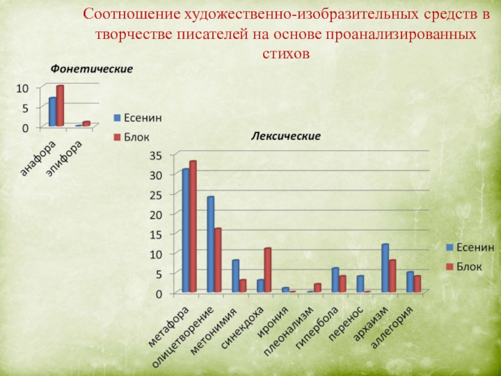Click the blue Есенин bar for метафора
click(x=185, y=230)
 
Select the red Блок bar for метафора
click(x=193, y=226)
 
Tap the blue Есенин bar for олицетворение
click(x=210, y=244)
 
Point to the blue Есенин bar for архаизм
click(x=385, y=268)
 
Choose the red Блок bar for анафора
click(x=60, y=106)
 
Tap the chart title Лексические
click(x=286, y=135)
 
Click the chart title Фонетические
click(x=91, y=68)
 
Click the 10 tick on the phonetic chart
click(x=23, y=88)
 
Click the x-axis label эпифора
click(x=65, y=158)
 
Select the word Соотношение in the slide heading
click(x=133, y=14)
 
